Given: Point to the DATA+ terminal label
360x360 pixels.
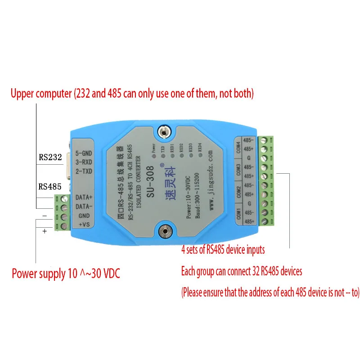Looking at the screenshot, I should pyautogui.click(x=85, y=197).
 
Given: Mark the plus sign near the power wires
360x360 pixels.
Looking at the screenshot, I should pyautogui.click(x=45, y=231).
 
